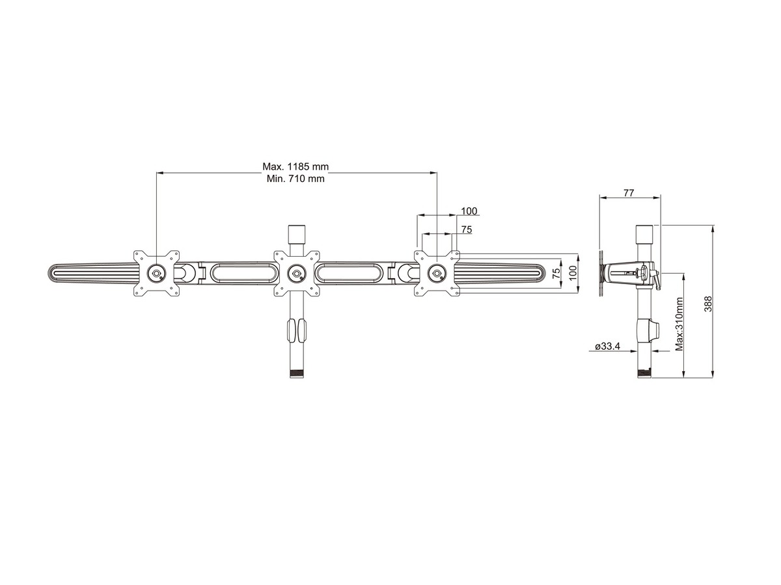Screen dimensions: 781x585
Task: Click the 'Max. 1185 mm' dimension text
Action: coord(295,166)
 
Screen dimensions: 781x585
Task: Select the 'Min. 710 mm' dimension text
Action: coord(295,178)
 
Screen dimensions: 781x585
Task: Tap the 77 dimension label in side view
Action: coord(629,192)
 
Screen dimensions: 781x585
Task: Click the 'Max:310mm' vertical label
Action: coord(679,324)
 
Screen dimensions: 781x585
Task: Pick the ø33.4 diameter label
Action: coord(607,346)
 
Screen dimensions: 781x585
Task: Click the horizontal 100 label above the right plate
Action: coord(469,211)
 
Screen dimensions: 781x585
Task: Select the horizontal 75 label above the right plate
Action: coord(467,229)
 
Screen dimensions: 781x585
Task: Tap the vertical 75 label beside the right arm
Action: coord(556,272)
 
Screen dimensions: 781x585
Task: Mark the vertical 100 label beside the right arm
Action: coord(573,273)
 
